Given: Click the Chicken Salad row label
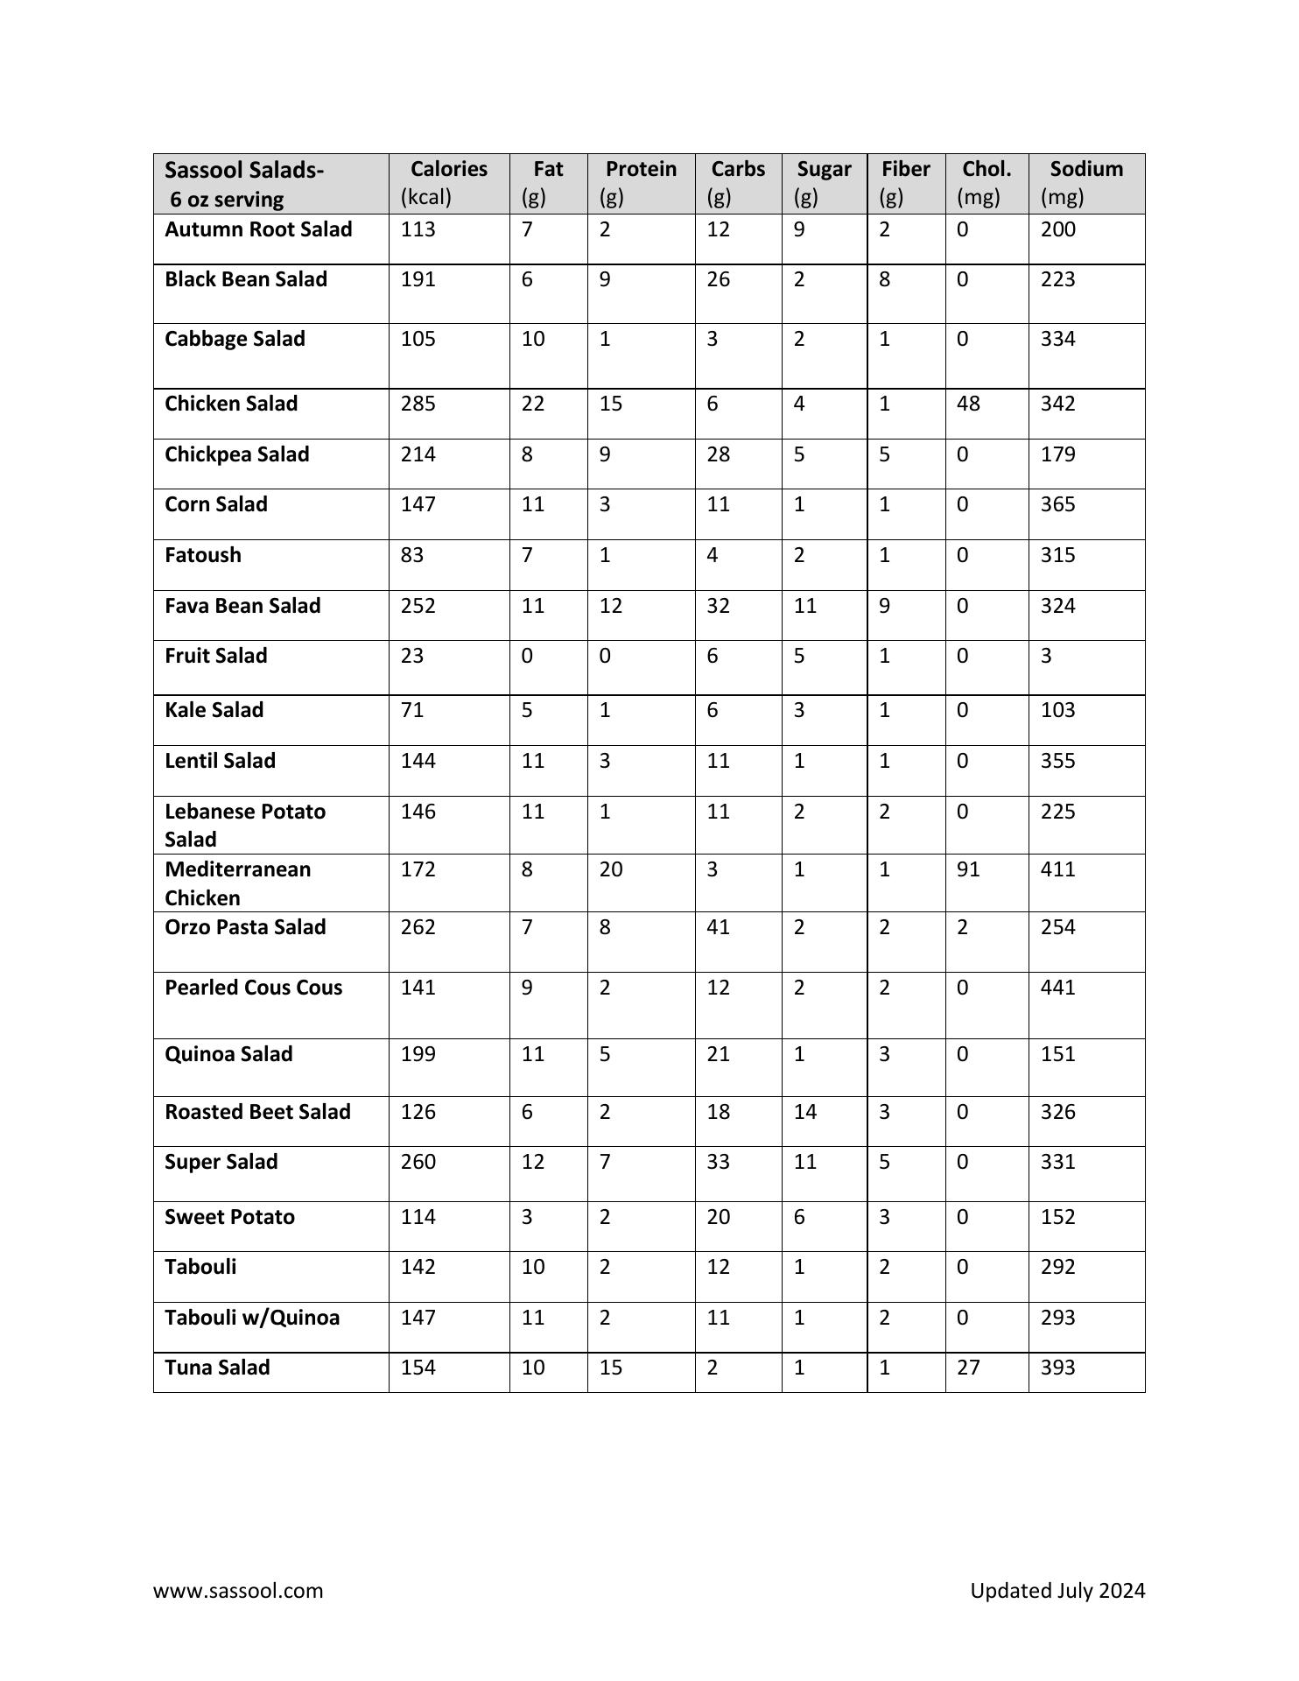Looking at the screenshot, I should pos(231,404).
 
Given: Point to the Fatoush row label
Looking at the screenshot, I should pos(203,555).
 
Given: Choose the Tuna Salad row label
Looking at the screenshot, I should pos(217,1368).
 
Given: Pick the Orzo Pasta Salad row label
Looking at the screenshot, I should pos(245,927).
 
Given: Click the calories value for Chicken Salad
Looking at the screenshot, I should pos(418,404).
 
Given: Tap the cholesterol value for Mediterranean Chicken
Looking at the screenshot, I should pos(968,869).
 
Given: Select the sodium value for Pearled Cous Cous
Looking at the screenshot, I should pos(1057,988).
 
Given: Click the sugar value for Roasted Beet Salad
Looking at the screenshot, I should pos(804,1112).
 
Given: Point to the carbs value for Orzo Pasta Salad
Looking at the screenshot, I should pos(718,927).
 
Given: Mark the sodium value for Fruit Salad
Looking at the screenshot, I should pos(1046,656).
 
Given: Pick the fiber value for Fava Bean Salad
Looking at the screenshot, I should pos(885,606).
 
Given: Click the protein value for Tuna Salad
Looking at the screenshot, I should pos(610,1368).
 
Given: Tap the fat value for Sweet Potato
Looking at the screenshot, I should pos(527,1217).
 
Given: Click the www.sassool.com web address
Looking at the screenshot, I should pos(238,1590).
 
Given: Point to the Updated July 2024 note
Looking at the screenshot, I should pos(1057,1590).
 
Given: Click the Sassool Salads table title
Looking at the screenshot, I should pos(244,170).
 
